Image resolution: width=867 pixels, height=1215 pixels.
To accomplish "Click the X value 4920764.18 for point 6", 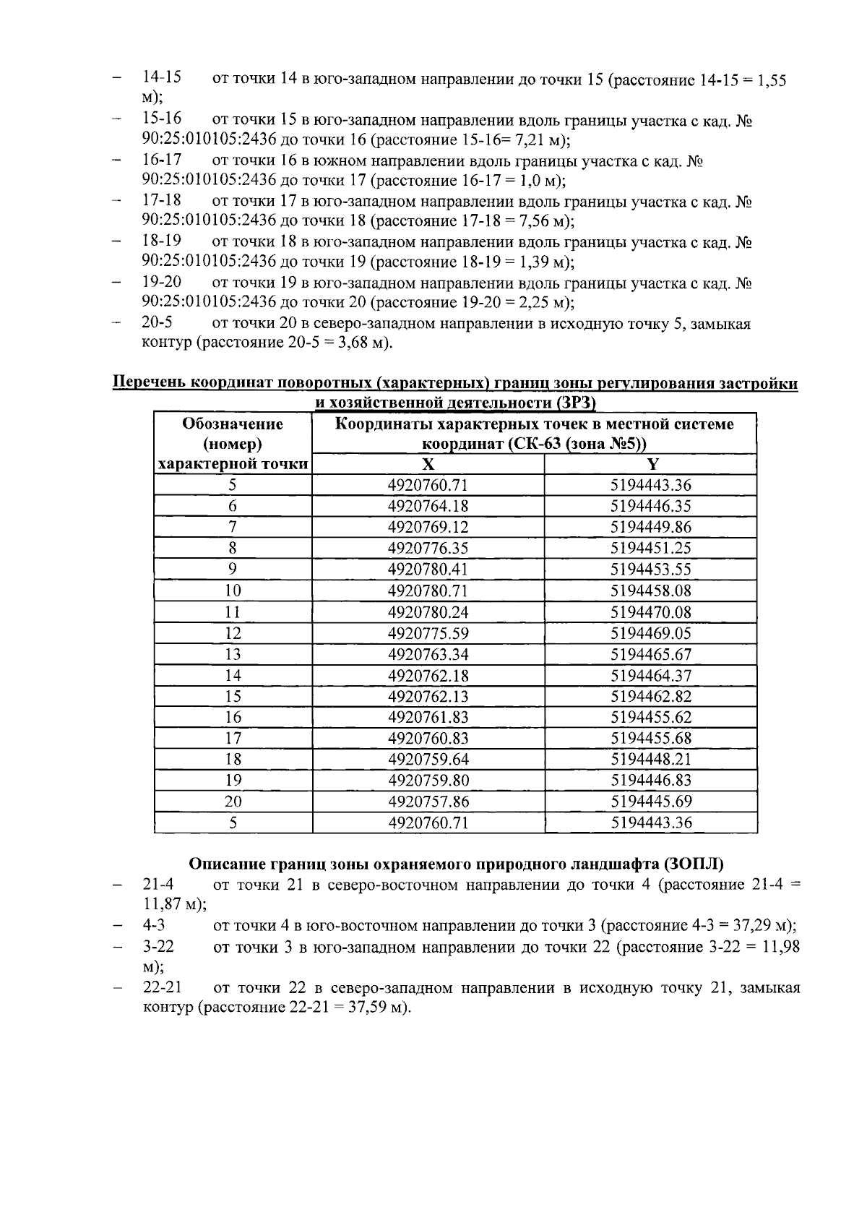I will pyautogui.click(x=428, y=507).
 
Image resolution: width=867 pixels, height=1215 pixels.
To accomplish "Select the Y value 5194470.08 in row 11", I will pyautogui.click(x=650, y=612).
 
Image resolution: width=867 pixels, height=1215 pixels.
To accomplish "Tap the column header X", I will pyautogui.click(x=428, y=465).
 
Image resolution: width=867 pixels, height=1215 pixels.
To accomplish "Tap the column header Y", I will pyautogui.click(x=650, y=465).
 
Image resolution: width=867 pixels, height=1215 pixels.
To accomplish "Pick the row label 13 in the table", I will pyautogui.click(x=233, y=655).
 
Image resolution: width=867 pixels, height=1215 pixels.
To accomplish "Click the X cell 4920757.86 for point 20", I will pyautogui.click(x=428, y=802).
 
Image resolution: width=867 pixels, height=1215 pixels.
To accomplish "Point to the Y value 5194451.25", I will pyautogui.click(x=650, y=549).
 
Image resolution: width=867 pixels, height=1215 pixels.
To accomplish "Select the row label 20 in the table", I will pyautogui.click(x=233, y=802).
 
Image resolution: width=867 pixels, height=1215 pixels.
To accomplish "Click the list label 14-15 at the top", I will pyautogui.click(x=161, y=77).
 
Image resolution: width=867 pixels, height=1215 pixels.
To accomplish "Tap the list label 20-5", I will pyautogui.click(x=157, y=323).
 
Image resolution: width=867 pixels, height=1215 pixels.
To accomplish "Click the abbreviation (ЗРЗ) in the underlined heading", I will pyautogui.click(x=577, y=403).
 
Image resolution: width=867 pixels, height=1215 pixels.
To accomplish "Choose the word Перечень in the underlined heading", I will pyautogui.click(x=147, y=384).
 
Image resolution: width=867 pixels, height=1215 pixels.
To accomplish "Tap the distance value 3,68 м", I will pyautogui.click(x=364, y=343).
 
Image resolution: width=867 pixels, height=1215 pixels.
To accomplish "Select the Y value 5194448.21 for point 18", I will pyautogui.click(x=650, y=760).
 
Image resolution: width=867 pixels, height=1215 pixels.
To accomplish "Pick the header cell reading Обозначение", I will pyautogui.click(x=233, y=424).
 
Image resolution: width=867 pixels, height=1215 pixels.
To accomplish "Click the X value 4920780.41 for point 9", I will pyautogui.click(x=428, y=570).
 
